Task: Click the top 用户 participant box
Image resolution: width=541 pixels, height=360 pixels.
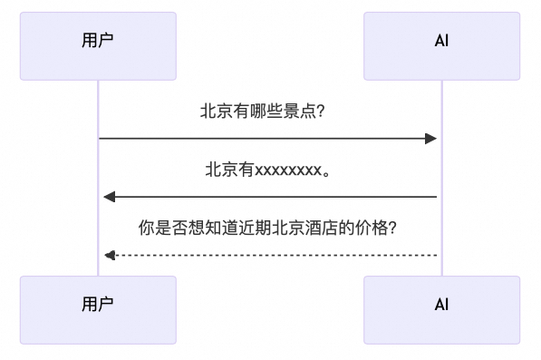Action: (x=98, y=45)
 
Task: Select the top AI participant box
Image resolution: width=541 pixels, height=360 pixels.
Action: (x=441, y=45)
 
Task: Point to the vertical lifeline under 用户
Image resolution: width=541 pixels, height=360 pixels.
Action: (x=98, y=227)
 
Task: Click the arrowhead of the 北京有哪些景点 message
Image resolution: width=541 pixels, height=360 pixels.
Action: (x=431, y=139)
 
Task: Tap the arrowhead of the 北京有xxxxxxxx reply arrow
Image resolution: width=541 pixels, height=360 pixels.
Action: (x=109, y=197)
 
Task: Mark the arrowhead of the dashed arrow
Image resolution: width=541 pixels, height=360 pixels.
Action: (x=109, y=255)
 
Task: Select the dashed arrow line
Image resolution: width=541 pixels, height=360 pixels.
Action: (x=272, y=255)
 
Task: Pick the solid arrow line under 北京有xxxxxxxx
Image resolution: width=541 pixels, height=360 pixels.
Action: (x=272, y=197)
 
